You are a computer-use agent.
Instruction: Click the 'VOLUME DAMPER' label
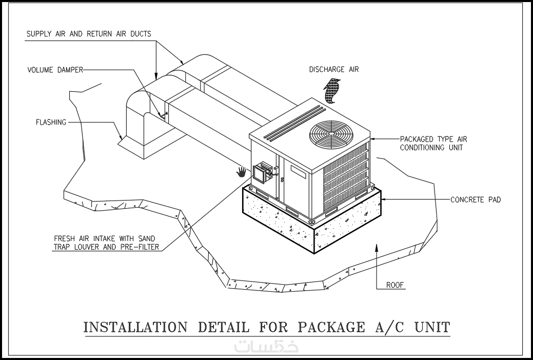55,70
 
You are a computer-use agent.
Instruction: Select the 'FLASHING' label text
51,123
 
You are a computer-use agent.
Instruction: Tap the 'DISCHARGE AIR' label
333,70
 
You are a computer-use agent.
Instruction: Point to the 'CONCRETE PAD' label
475,199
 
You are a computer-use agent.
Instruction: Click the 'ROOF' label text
396,285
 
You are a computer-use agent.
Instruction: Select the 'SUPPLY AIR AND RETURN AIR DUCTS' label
89,34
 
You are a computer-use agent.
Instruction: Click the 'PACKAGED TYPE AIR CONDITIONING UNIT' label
433,143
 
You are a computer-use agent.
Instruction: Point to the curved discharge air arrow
332,91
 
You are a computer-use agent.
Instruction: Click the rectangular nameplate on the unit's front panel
298,171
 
